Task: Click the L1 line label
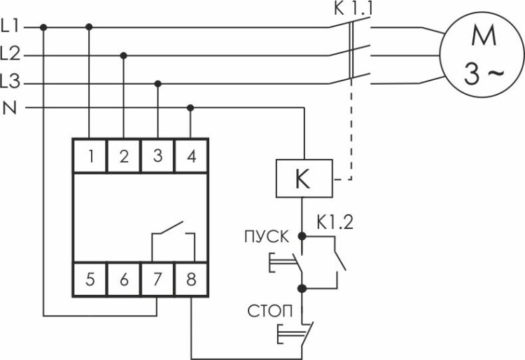12,27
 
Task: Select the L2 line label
12,53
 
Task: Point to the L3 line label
12,83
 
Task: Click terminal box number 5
90,280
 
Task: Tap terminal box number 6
124,280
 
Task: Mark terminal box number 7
157,280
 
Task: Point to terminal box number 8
191,280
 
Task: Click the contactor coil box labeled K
302,180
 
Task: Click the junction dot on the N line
191,108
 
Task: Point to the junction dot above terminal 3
157,83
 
